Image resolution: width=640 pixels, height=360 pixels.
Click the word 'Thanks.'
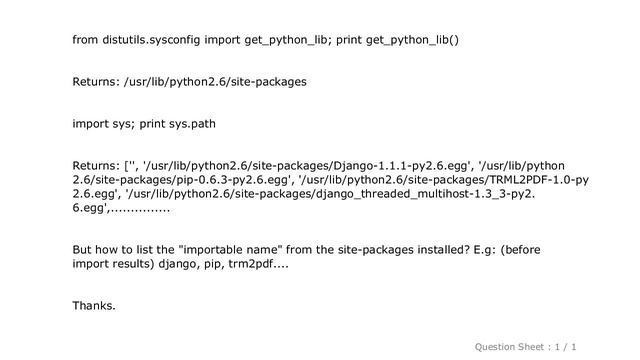pyautogui.click(x=93, y=306)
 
